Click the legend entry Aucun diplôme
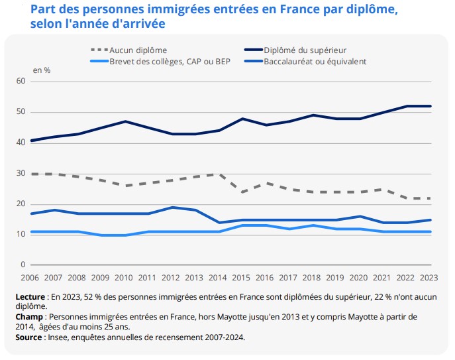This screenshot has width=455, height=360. click(x=138, y=50)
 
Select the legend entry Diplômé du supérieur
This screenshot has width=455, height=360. click(x=305, y=50)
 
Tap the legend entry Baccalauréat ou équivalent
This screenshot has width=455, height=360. click(x=315, y=61)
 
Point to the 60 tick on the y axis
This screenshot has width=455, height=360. click(x=21, y=82)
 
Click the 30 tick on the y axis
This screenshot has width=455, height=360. click(x=21, y=174)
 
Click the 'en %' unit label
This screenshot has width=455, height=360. click(x=42, y=70)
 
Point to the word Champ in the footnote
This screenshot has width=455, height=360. click(x=30, y=317)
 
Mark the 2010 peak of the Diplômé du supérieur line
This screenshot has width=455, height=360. click(x=125, y=122)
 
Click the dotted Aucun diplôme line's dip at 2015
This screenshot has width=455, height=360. click(x=242, y=192)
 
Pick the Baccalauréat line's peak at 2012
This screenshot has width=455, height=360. click(x=172, y=208)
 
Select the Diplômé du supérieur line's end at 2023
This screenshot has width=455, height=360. click(x=431, y=106)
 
